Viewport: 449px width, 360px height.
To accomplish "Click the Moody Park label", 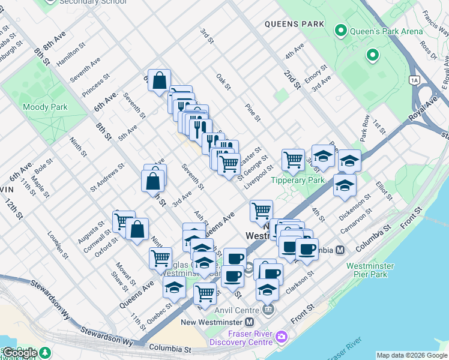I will click(x=45, y=107).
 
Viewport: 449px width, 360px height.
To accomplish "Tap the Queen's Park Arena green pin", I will click(x=341, y=30).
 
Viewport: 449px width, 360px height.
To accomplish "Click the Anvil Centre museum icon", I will click(x=268, y=310).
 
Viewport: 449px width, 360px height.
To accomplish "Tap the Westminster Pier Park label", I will click(x=370, y=270).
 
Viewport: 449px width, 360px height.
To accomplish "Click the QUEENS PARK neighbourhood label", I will click(x=294, y=24).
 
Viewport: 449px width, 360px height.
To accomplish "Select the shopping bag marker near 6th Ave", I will click(x=159, y=80).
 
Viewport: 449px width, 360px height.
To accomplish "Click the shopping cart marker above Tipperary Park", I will click(x=293, y=160).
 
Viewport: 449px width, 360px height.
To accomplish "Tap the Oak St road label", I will click(x=224, y=82).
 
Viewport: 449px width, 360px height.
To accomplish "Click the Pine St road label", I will click(x=252, y=112).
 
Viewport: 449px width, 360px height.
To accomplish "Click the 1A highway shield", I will click(x=414, y=79).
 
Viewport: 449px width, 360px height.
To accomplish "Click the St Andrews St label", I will click(x=107, y=176).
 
